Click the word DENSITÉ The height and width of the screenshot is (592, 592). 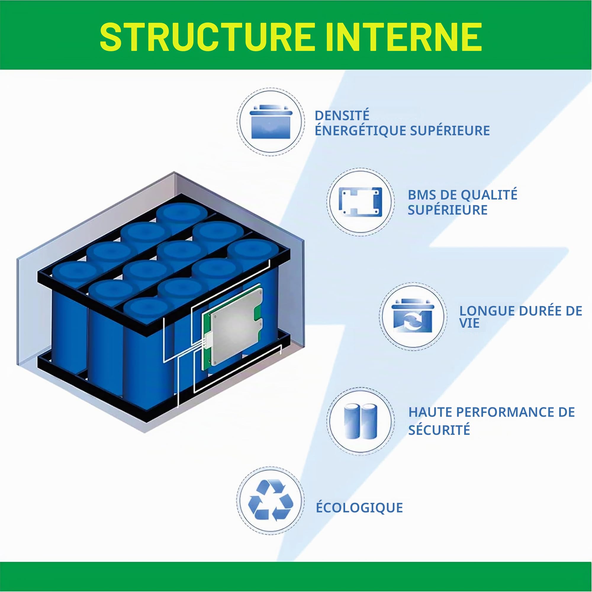(342, 115)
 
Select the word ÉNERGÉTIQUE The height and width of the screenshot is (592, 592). (360, 131)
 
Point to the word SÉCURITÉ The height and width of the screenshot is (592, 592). (439, 429)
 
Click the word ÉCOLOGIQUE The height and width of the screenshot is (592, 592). (359, 508)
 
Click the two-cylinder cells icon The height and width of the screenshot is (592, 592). (360, 421)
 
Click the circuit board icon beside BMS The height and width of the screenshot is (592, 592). (360, 202)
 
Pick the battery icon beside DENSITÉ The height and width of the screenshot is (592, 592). (271, 122)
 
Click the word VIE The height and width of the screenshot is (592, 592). (469, 324)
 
